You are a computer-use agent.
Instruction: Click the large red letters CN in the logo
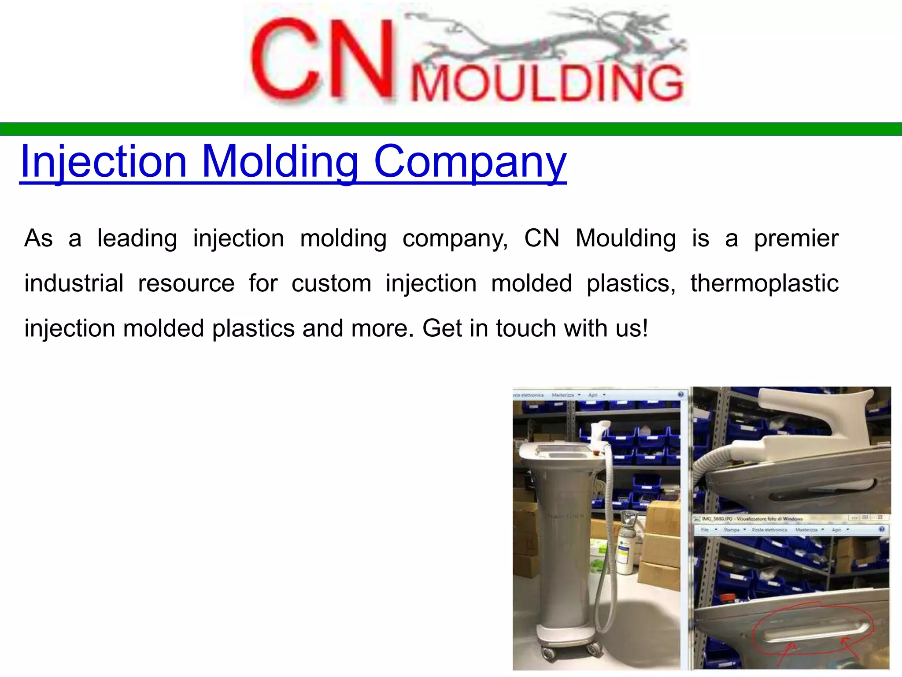pos(322,60)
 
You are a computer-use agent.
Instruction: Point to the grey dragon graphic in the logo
pos(546,37)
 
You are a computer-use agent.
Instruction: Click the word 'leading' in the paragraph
pos(137,238)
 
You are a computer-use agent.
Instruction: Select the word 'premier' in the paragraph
pos(796,238)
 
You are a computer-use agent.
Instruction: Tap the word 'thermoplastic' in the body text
pos(764,283)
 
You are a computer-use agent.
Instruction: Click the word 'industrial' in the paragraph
pos(74,283)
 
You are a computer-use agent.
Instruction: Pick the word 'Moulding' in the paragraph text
pos(625,238)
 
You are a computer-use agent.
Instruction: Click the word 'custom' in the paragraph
pos(331,283)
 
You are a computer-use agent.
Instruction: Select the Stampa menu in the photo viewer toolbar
pos(732,530)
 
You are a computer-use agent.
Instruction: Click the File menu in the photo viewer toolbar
pos(705,530)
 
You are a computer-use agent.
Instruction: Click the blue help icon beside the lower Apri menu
pos(882,529)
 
